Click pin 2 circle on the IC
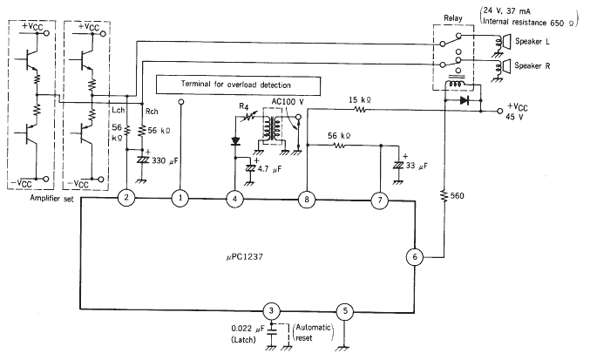coord(126,197)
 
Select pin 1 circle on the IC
coord(180,198)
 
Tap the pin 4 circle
coord(234,198)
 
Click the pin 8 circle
coord(307,199)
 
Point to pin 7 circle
coord(380,200)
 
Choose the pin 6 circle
coord(415,257)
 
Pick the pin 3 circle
coord(271,310)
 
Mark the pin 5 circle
coord(345,311)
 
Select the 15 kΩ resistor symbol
coord(359,110)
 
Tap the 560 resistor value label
coord(458,195)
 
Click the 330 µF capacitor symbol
coord(142,160)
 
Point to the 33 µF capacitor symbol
coord(397,165)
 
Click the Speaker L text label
coord(532,41)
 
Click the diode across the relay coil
coord(465,100)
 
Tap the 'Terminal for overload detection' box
coord(239,85)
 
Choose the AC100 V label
coord(288,102)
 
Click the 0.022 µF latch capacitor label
coord(248,329)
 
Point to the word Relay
coord(453,18)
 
